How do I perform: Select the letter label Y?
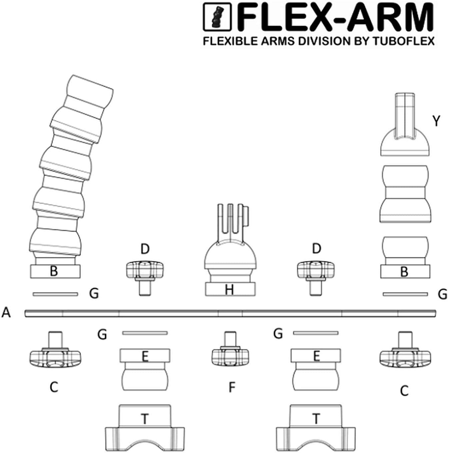[x=436, y=121]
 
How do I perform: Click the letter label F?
[x=232, y=387]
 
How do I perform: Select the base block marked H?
[x=230, y=289]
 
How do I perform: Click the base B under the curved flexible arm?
[x=55, y=271]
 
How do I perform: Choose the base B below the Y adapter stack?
[x=405, y=272]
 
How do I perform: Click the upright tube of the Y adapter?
[x=405, y=113]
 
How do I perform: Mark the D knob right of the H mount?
[x=316, y=275]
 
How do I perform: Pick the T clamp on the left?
[x=145, y=429]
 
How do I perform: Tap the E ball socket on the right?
[x=316, y=369]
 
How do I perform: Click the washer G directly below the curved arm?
[x=55, y=294]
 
